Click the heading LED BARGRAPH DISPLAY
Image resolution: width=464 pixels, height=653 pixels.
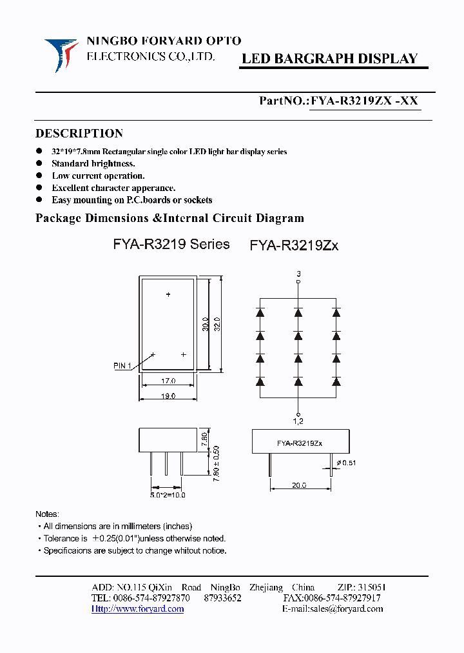coord(329,59)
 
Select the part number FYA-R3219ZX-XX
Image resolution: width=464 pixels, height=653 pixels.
coord(365,101)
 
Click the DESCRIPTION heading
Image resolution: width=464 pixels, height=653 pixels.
coord(79,134)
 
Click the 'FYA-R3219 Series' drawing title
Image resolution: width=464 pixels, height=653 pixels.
coord(171,244)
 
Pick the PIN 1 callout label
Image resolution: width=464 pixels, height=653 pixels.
coord(122,366)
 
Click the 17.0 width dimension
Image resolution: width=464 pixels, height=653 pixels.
coord(168,381)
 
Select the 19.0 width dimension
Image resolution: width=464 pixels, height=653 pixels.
coord(168,396)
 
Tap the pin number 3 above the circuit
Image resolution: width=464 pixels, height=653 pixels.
coord(298,274)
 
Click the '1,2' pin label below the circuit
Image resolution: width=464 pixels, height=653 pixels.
coord(298,421)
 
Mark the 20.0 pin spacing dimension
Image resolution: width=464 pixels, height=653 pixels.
coord(299,485)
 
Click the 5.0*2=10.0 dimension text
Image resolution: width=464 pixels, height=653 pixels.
coord(168,495)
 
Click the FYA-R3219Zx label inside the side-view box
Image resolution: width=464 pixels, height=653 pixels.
coord(300,443)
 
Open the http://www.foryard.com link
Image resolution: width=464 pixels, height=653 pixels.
coord(138,609)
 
